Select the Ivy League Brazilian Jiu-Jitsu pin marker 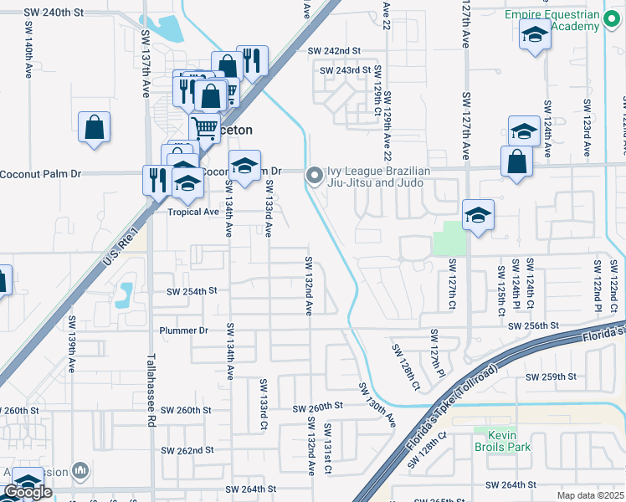(x=315, y=175)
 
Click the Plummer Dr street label (x=183, y=330)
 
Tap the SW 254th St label (x=192, y=291)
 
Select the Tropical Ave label (x=193, y=212)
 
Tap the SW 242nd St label (x=334, y=51)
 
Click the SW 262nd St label (x=188, y=450)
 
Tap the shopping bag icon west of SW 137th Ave (x=95, y=129)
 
